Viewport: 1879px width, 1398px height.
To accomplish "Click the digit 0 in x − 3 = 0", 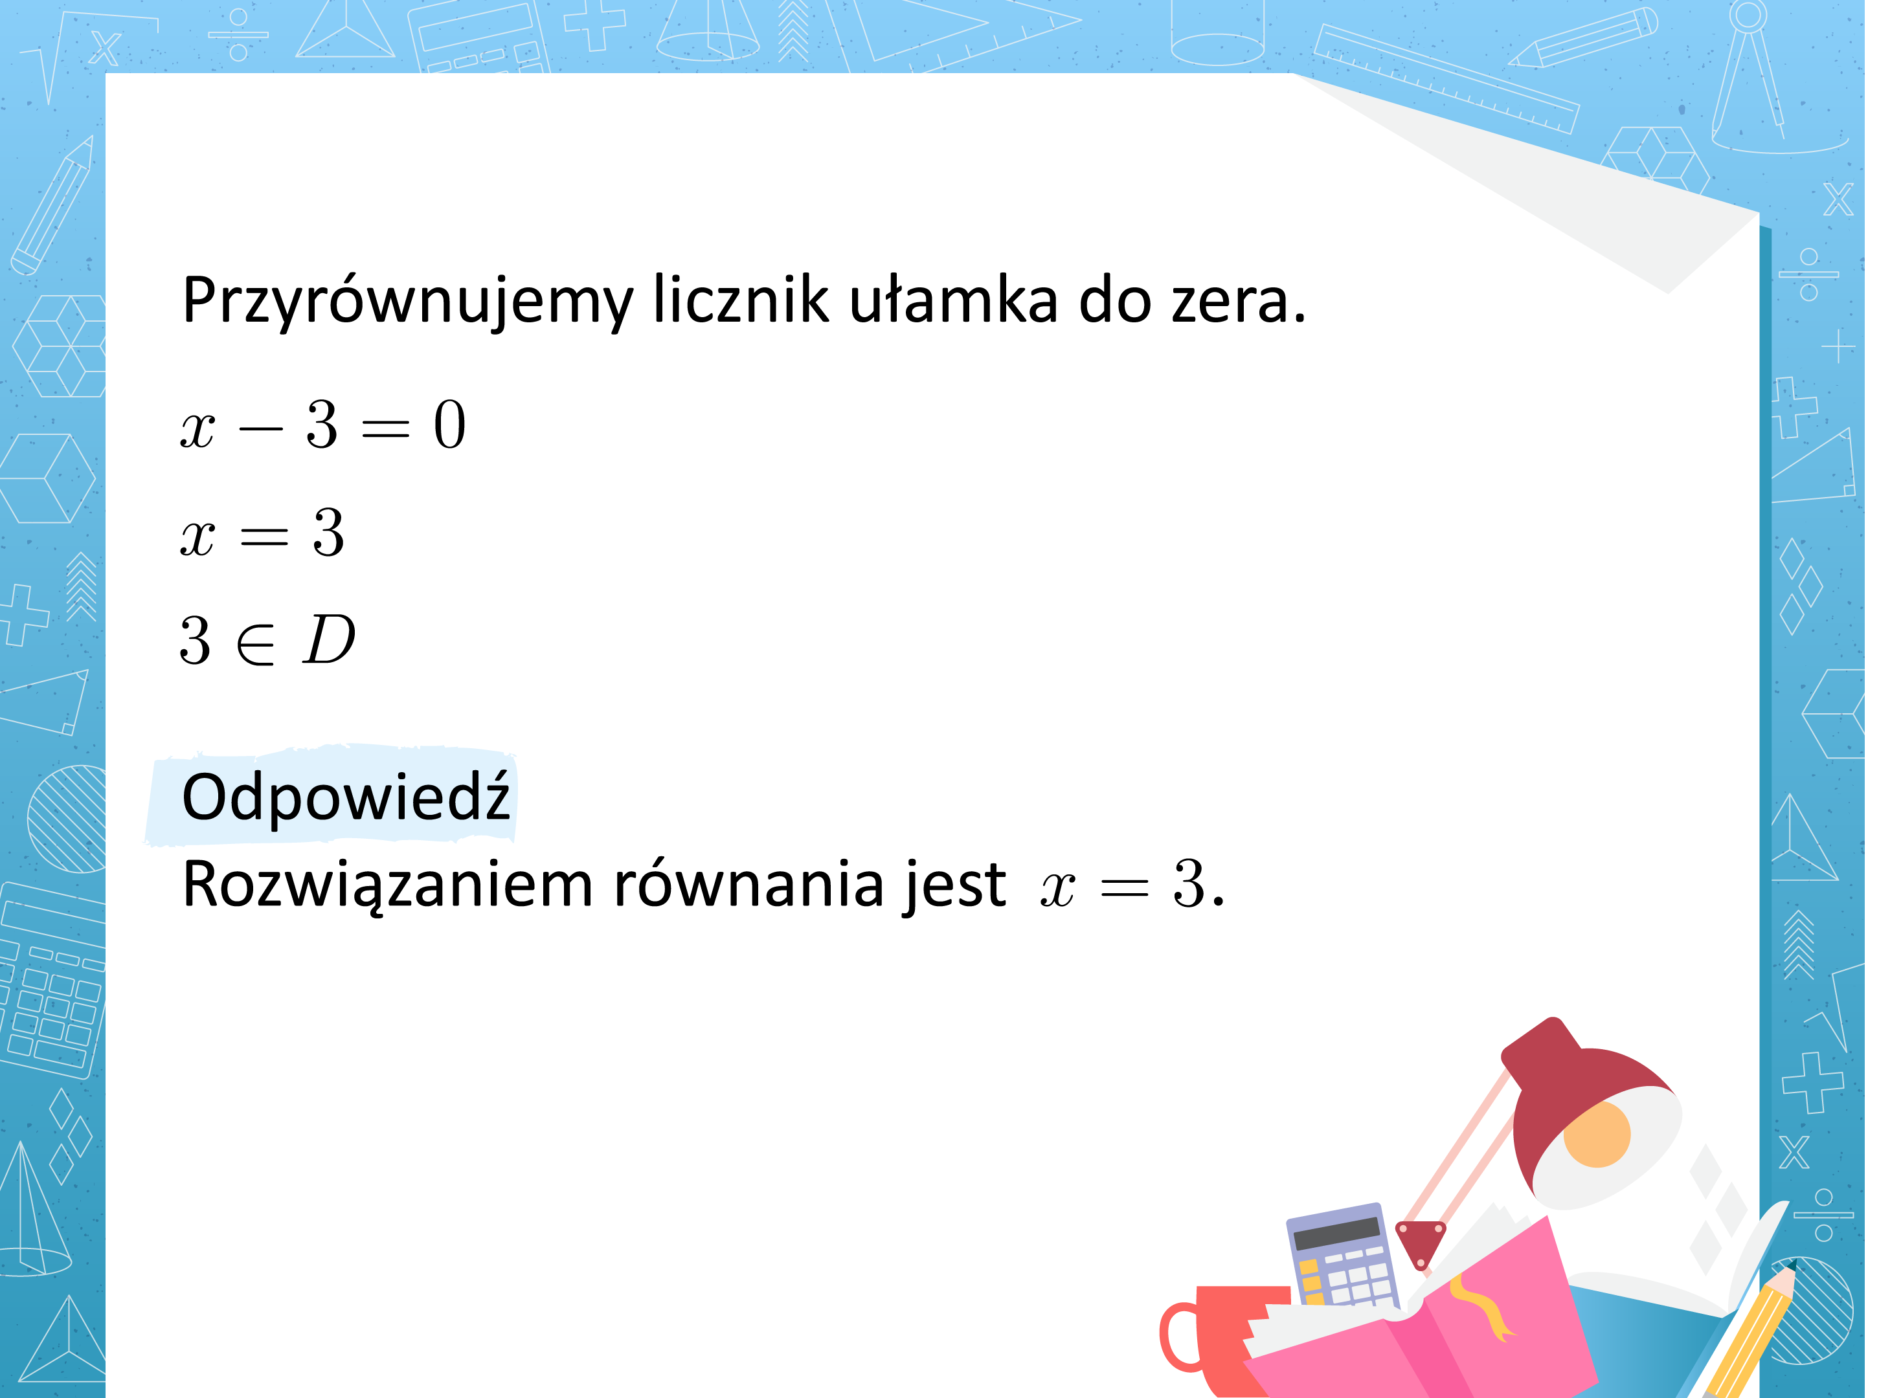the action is [x=449, y=425].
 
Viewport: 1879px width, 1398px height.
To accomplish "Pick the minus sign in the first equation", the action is [x=261, y=428].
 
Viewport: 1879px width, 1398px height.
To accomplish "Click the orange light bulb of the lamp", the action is [x=1596, y=1134].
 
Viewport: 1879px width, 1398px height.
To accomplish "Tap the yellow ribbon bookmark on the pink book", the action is [x=1482, y=1307].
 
